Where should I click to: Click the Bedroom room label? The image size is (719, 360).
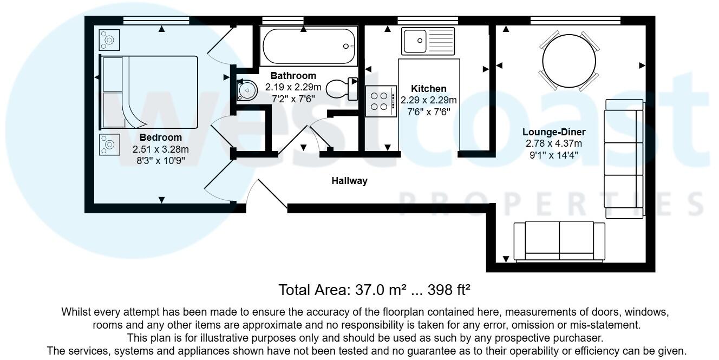pos(161,138)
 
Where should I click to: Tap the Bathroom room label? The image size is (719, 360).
pos(293,76)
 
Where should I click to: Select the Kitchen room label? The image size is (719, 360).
pos(428,89)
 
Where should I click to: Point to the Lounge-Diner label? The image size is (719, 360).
pos(553,132)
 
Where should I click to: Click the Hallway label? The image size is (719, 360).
pos(349,181)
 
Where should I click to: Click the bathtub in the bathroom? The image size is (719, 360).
pos(308,47)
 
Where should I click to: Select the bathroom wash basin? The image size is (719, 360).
pos(247,90)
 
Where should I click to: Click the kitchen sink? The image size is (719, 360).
pos(428,40)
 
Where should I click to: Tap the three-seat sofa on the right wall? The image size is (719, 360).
pos(624,158)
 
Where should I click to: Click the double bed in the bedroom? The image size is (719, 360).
pos(148,92)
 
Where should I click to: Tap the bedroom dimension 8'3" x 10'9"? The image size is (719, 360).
pos(161,160)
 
